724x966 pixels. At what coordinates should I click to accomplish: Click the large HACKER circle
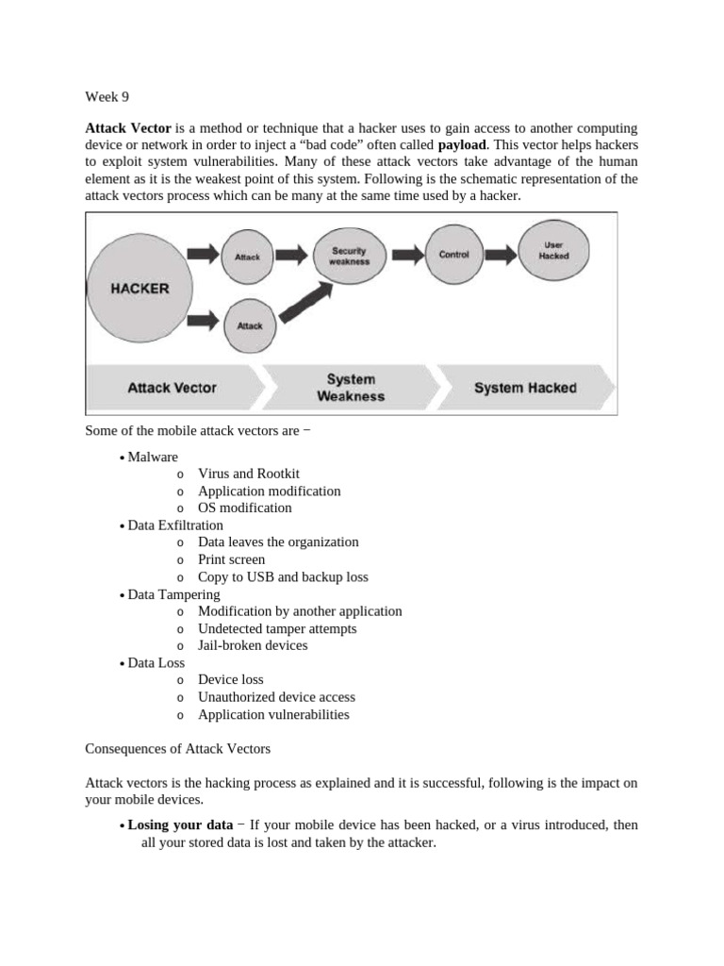pos(140,287)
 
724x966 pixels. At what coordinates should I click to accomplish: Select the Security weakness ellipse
pos(348,255)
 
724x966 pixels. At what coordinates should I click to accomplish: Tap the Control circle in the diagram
pos(453,255)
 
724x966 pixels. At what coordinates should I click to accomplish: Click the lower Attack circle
pos(250,326)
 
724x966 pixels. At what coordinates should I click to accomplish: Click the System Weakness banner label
pos(350,388)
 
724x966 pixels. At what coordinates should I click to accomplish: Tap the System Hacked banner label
pos(525,388)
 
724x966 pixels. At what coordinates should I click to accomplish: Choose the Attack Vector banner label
pos(172,388)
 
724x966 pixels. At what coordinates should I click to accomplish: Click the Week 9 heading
pos(106,95)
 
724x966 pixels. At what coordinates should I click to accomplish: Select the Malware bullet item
pos(153,457)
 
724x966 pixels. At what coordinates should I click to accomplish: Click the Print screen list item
pos(232,559)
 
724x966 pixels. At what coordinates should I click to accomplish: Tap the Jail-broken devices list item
pos(253,645)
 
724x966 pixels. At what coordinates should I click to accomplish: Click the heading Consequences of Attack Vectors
pos(177,749)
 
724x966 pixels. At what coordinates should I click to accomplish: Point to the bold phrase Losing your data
pos(180,824)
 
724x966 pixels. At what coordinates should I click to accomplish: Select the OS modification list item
pos(245,508)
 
